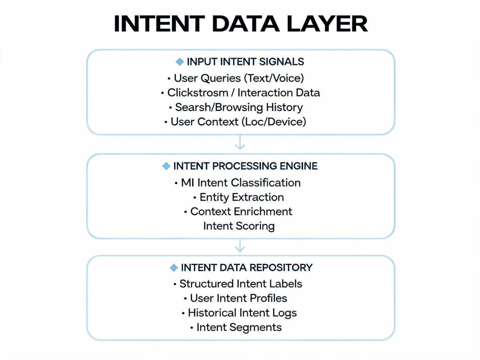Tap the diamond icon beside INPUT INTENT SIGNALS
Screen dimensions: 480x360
pos(180,62)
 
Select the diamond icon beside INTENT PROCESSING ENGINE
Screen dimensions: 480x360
pos(166,166)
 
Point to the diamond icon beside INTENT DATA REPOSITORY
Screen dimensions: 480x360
pos(174,268)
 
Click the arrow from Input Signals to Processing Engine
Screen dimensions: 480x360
pos(240,143)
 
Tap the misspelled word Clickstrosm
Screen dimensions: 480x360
pos(198,92)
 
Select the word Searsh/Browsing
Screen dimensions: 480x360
pos(219,107)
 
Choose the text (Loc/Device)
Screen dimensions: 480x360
pos(274,122)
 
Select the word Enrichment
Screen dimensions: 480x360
pos(263,212)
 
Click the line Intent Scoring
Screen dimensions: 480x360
pos(239,226)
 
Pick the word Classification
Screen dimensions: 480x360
pos(266,183)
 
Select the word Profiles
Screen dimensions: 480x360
pos(268,298)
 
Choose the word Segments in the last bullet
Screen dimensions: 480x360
pos(256,328)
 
